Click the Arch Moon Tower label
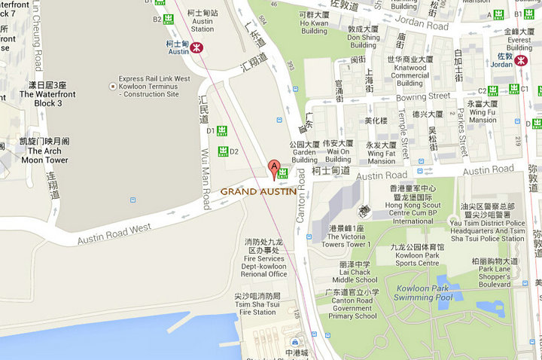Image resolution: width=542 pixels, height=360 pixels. (x=44, y=151)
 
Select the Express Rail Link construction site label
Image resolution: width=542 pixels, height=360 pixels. (x=153, y=86)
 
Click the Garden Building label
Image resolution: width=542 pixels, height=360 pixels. (x=304, y=151)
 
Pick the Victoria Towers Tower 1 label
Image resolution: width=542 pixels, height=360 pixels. (x=347, y=236)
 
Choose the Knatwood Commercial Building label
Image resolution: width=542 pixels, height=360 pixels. (x=410, y=69)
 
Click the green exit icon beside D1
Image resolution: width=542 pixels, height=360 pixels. (x=222, y=131)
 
